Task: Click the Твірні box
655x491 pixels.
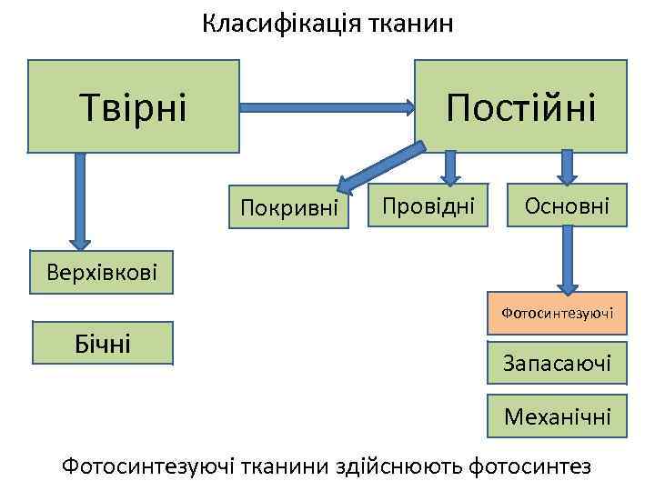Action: pos(133,105)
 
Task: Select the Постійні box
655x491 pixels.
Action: pos(520,105)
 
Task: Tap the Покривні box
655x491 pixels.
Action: pos(289,208)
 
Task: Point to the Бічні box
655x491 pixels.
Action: pos(102,342)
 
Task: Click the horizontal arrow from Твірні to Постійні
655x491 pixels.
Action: pos(327,107)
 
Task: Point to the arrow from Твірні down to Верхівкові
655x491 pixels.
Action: pos(80,200)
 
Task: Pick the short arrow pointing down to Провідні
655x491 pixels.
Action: pos(448,167)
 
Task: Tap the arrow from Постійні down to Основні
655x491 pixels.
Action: pos(567,167)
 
